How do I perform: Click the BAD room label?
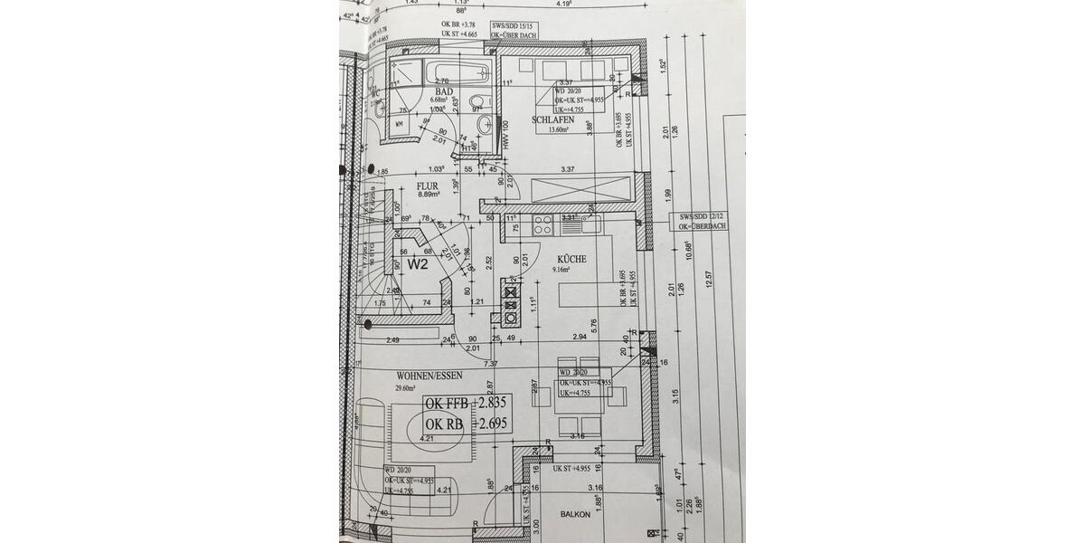coord(444,92)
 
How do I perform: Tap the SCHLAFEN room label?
coord(552,119)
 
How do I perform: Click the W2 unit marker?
coord(417,265)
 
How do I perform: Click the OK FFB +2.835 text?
coord(467,404)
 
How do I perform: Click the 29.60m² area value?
coord(407,388)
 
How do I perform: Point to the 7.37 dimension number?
coord(492,363)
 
